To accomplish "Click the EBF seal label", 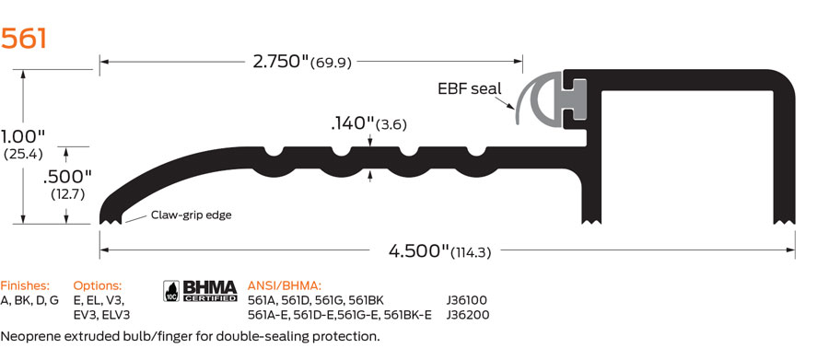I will pyautogui.click(x=470, y=88).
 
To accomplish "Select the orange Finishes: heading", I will pyautogui.click(x=25, y=285).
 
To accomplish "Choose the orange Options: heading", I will pyautogui.click(x=97, y=285).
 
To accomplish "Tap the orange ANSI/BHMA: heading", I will pyautogui.click(x=285, y=285).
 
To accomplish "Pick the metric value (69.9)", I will pyautogui.click(x=332, y=63).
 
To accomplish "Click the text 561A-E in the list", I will pyautogui.click(x=268, y=315).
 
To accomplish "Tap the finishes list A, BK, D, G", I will pyautogui.click(x=29, y=300).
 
